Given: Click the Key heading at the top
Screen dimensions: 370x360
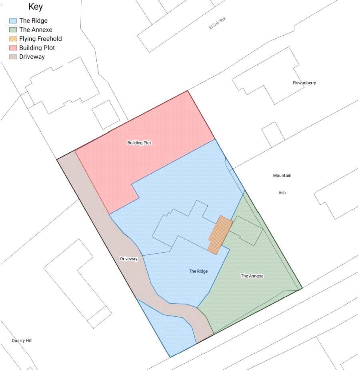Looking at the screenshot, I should [36, 7].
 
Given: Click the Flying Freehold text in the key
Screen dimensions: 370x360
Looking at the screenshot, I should [40, 39].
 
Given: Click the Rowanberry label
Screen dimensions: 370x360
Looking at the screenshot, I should [304, 83].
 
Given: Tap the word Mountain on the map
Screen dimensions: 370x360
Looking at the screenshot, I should [282, 176].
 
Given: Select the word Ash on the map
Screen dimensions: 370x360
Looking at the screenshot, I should [282, 193].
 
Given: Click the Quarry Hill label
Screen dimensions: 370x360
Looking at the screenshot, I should [22, 340].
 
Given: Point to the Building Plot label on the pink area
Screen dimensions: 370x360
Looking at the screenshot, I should [139, 143].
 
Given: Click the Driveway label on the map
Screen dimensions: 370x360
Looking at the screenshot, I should [128, 259].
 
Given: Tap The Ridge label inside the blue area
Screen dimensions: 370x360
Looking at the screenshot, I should [198, 271].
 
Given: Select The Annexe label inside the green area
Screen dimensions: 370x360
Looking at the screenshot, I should [252, 276].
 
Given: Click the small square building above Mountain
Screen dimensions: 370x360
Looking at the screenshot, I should [273, 134].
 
